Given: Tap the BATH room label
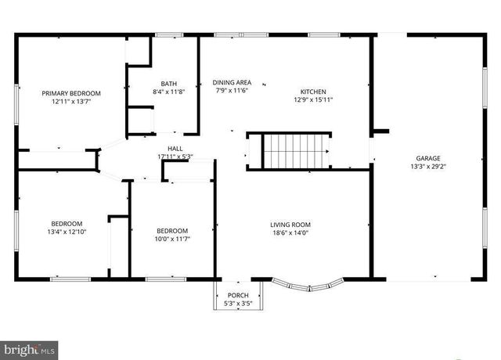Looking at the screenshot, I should pyautogui.click(x=169, y=84).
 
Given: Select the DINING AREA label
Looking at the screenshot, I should pyautogui.click(x=232, y=82).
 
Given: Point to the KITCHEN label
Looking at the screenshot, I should pyautogui.click(x=313, y=92).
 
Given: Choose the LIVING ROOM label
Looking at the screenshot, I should pyautogui.click(x=290, y=225).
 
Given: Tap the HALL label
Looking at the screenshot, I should pyautogui.click(x=175, y=148).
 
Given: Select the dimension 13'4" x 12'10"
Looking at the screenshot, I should pyautogui.click(x=67, y=232).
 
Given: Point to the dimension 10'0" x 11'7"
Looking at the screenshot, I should pyautogui.click(x=172, y=239).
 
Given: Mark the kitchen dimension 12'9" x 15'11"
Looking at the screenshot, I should pyautogui.click(x=313, y=100).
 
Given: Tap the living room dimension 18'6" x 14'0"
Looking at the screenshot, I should pyautogui.click(x=290, y=233).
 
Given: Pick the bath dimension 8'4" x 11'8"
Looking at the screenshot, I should pyautogui.click(x=169, y=92).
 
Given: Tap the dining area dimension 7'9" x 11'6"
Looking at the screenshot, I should pyautogui.click(x=232, y=91).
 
